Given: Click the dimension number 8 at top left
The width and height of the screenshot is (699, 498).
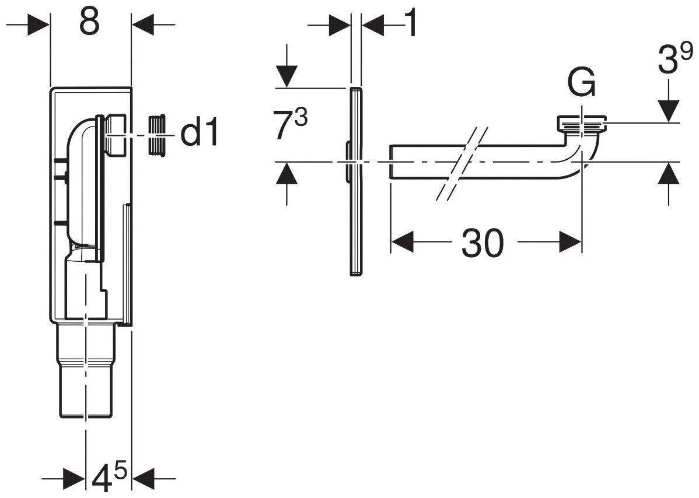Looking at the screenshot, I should [89, 23].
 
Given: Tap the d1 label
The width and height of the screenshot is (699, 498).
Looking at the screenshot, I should [199, 134].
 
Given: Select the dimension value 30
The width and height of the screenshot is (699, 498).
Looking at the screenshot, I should [481, 243].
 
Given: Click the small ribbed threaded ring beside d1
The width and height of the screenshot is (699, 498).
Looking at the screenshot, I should [155, 136].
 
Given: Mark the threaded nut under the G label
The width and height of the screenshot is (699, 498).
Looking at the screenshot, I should [582, 123].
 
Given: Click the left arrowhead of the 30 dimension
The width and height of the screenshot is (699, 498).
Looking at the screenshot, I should [403, 242].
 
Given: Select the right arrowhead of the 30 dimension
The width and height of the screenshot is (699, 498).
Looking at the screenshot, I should [570, 242].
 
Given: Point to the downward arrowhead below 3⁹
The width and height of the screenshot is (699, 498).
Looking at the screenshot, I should [669, 111].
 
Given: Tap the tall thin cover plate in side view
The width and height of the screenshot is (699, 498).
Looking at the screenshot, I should [355, 181].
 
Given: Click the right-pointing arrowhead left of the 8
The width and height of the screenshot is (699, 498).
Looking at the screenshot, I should [40, 24].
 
